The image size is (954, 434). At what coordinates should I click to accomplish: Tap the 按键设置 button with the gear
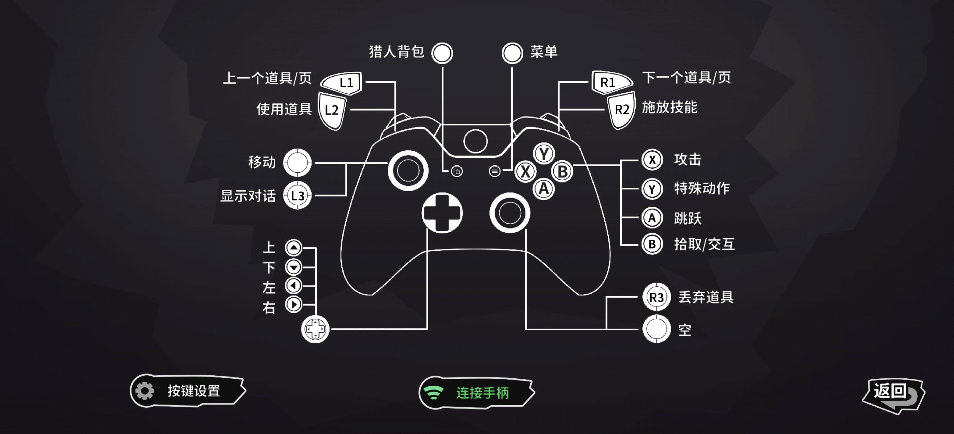coord(187,391)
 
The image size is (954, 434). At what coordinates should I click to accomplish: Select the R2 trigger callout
coord(621,110)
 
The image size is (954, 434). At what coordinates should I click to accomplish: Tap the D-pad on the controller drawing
coord(442,213)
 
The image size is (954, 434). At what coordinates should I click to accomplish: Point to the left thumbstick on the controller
coord(408,171)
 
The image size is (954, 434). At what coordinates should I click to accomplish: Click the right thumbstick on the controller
coord(510,213)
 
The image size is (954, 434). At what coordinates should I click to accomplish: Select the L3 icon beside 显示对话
coord(297,195)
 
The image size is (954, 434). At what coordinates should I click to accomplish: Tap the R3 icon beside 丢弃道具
coord(656,297)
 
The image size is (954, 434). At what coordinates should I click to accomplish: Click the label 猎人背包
coord(396,52)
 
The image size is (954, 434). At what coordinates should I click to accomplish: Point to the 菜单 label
coord(544,52)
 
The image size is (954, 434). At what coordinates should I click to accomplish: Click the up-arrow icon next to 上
coord(294,248)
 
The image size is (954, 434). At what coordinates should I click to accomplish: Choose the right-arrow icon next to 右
coord(294,305)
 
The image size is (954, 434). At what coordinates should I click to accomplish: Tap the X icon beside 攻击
coord(652,160)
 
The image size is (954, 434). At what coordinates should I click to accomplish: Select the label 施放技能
coord(669,107)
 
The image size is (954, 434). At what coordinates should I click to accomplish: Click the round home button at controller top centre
coord(475,141)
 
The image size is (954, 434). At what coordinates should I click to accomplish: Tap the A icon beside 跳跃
coord(652,218)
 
